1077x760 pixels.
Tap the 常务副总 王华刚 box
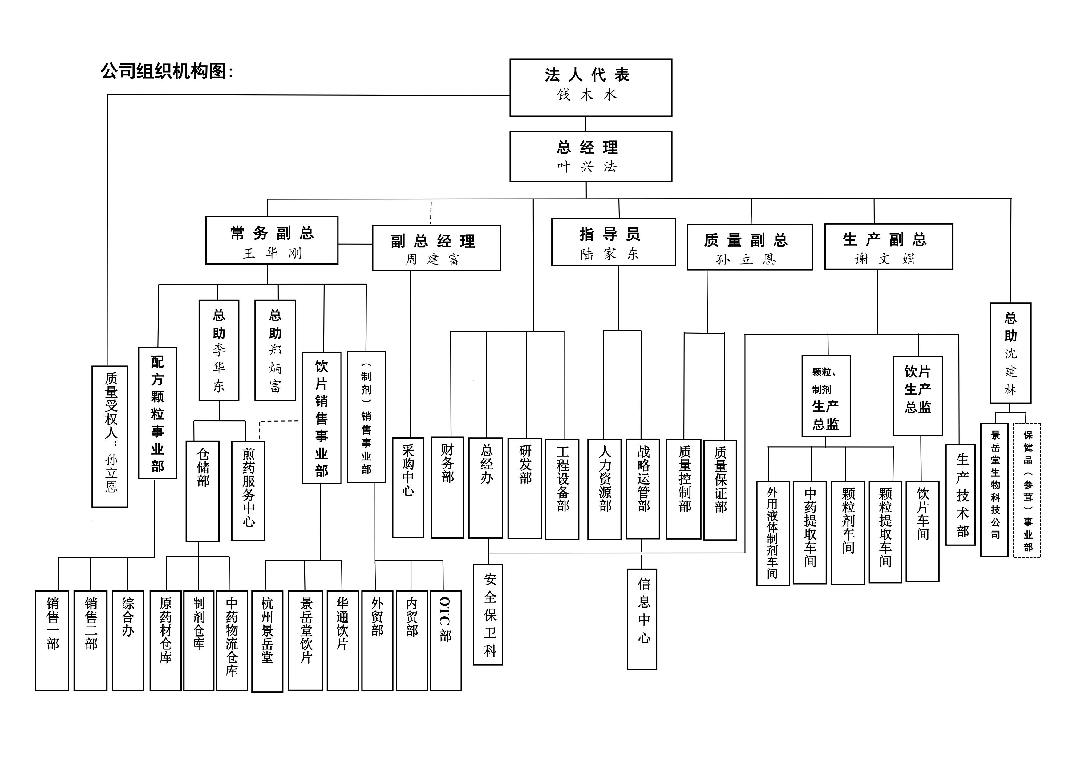point(272,240)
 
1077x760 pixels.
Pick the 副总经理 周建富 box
point(436,248)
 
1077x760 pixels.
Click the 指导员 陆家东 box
point(613,242)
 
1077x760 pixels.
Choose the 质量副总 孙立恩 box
point(749,247)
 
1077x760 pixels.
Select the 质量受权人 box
point(110,436)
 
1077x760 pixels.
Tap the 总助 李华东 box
point(219,350)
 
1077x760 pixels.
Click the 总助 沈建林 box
point(1010,353)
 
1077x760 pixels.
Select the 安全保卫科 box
point(488,614)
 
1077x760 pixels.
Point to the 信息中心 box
point(642,619)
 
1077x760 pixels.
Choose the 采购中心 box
point(408,488)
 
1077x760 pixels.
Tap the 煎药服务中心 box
point(248,491)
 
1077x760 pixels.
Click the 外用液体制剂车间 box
point(773,533)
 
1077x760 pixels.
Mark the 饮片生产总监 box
point(917,396)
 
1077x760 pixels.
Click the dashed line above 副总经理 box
point(431,213)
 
